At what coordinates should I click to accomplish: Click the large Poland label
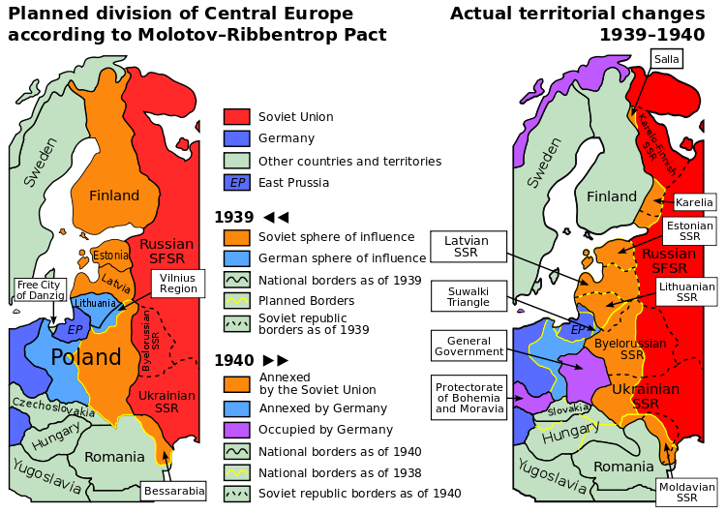(x=87, y=357)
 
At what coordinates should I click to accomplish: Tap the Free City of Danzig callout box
(x=40, y=290)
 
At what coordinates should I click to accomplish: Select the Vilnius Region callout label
(x=178, y=283)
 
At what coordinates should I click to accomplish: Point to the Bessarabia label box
(x=174, y=491)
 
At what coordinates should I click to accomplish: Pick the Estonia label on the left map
(x=111, y=256)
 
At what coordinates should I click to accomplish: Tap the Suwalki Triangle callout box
(x=469, y=296)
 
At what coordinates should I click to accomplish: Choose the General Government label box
(x=469, y=347)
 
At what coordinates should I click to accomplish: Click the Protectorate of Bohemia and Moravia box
(x=469, y=397)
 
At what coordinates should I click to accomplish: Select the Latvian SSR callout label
(x=468, y=247)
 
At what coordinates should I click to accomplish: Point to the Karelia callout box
(x=694, y=202)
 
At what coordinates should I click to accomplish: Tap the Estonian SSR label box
(x=689, y=231)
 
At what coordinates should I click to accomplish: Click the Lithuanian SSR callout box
(x=686, y=291)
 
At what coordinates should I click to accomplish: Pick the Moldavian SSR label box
(x=685, y=493)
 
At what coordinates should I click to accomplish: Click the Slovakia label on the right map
(x=568, y=410)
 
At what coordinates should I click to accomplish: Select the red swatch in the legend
(x=236, y=116)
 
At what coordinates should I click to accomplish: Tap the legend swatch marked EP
(x=236, y=182)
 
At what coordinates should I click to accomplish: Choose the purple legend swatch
(x=236, y=430)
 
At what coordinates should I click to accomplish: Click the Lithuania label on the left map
(x=94, y=303)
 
